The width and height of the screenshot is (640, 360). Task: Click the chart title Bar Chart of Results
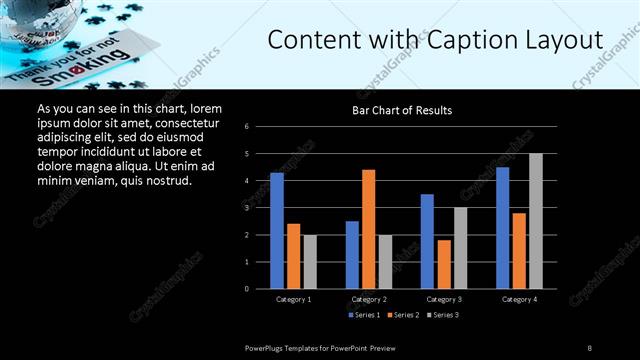pyautogui.click(x=401, y=110)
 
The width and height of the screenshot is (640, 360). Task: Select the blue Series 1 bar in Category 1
pyautogui.click(x=277, y=231)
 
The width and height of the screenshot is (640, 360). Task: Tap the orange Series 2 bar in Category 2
pyautogui.click(x=369, y=229)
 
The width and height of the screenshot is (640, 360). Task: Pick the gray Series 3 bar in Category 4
pyautogui.click(x=536, y=221)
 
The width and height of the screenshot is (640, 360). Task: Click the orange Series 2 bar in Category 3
pyautogui.click(x=444, y=264)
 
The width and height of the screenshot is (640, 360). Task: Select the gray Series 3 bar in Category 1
pyautogui.click(x=310, y=262)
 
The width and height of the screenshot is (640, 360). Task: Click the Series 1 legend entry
pyautogui.click(x=364, y=315)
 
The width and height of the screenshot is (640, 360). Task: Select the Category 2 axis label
pyautogui.click(x=369, y=299)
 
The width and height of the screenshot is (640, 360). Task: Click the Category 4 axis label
pyautogui.click(x=519, y=299)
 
